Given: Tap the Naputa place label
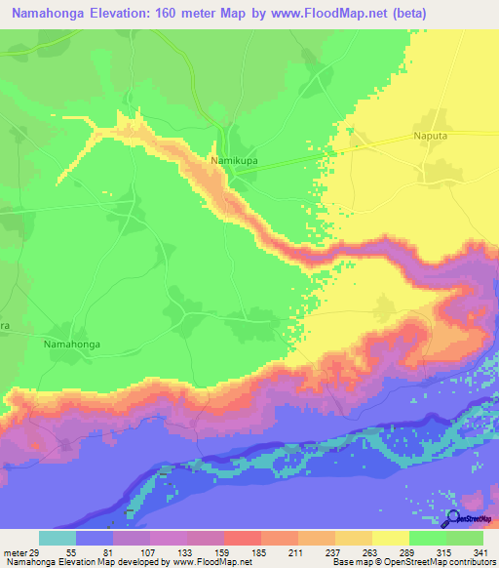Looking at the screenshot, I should pyautogui.click(x=432, y=140).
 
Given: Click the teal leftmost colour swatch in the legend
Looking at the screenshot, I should pyautogui.click(x=57, y=538).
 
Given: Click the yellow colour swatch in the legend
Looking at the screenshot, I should pyautogui.click(x=390, y=538).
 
